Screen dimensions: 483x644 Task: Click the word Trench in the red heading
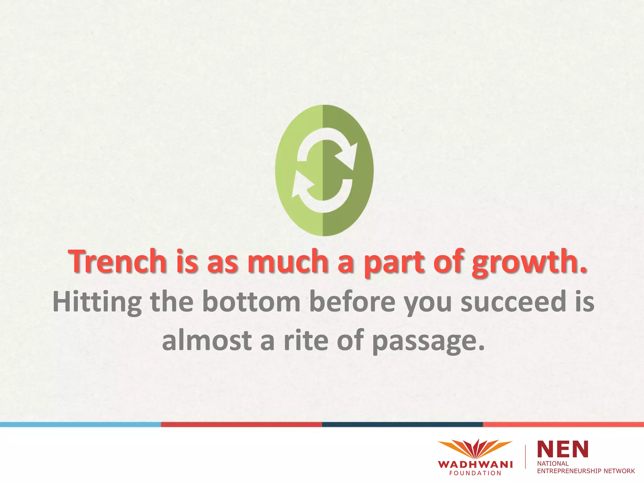pos(117,262)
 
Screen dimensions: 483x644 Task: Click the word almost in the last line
pos(207,340)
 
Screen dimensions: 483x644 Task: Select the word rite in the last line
pos(305,340)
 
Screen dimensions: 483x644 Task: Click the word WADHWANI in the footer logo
pos(475,464)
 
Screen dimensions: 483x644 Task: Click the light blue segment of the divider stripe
pos(80,425)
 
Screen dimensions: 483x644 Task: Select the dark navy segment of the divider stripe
pos(402,425)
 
